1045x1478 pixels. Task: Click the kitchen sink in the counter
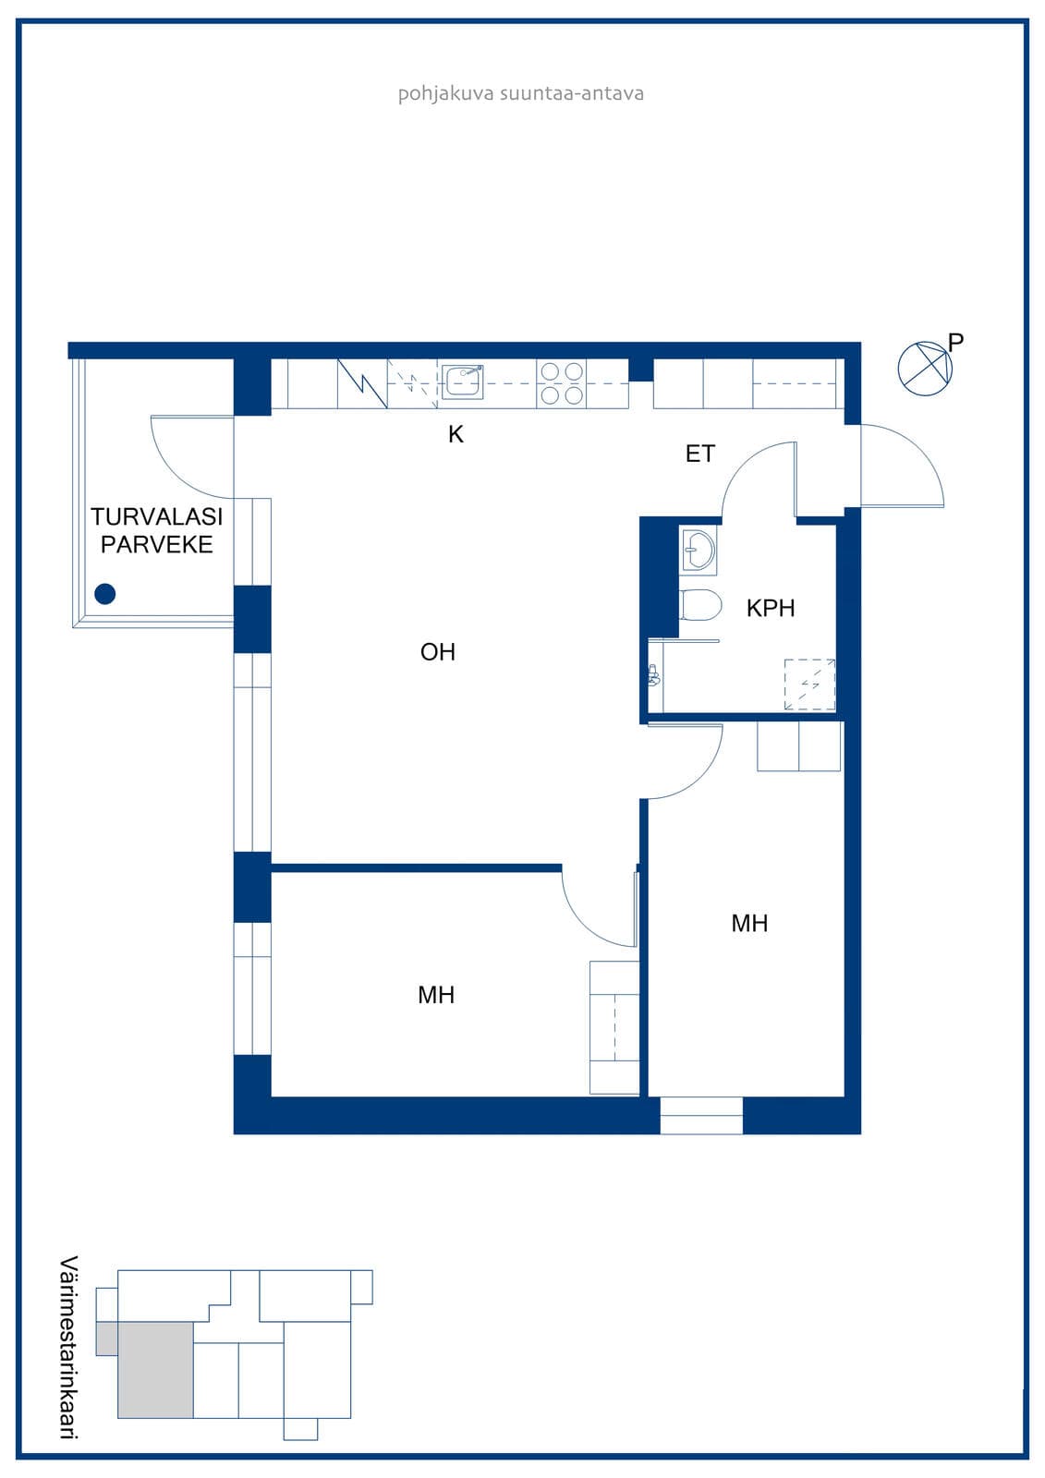[x=462, y=382]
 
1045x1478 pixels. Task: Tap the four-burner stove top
[x=562, y=383]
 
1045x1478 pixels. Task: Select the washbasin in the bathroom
[x=698, y=550]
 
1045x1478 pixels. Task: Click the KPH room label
[x=771, y=608]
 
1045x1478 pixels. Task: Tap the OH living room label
[x=438, y=652]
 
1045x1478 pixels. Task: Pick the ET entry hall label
[x=699, y=454]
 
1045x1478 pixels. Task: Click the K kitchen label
[x=456, y=434]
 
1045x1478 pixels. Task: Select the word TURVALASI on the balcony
[x=156, y=516]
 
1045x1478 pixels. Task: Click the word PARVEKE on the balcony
[x=156, y=544]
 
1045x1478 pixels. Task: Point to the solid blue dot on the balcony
[x=105, y=594]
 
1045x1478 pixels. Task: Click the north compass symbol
[x=925, y=369]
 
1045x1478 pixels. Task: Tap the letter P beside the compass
[x=955, y=342]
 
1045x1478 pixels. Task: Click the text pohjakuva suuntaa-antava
[x=521, y=93]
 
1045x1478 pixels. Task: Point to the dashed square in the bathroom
[x=809, y=684]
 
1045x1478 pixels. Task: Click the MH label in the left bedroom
[x=436, y=994]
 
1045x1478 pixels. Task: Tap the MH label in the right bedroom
[x=749, y=923]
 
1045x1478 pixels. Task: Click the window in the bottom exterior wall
[x=701, y=1116]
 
